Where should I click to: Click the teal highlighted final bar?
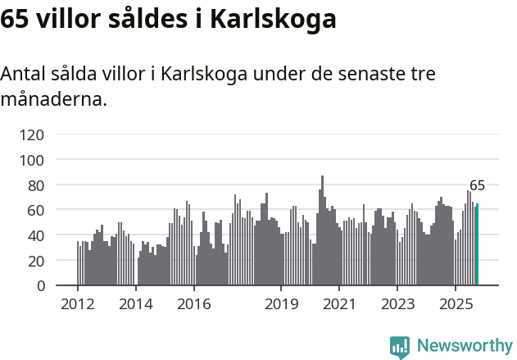tap(477, 245)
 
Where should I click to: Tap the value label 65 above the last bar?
tap(477, 185)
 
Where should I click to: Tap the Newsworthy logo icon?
tap(400, 347)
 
